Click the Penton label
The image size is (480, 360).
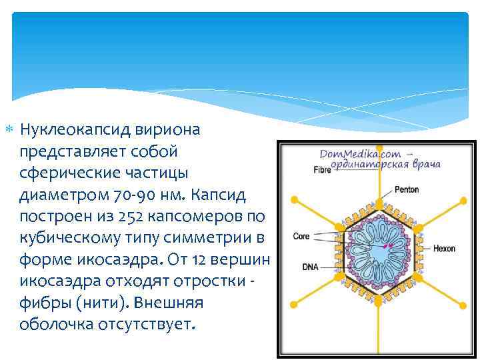(x=407, y=190)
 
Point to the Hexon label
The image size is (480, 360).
(x=444, y=249)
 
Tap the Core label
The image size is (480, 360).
(x=301, y=236)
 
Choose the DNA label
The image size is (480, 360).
(x=310, y=267)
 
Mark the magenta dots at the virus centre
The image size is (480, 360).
(x=387, y=245)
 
